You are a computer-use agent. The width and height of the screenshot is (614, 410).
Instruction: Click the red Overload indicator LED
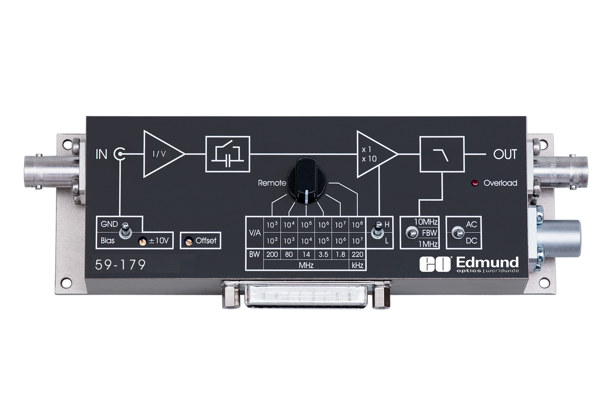[x=475, y=183]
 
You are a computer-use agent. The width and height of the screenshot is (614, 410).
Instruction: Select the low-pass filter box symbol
[x=442, y=154]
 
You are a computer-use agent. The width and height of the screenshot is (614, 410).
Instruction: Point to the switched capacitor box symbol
[x=228, y=154]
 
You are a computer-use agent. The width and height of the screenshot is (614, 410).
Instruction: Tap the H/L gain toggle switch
[x=375, y=231]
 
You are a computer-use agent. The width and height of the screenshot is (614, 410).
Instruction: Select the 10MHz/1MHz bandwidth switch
[x=412, y=233]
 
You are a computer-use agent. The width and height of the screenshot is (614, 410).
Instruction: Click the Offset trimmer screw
[x=189, y=241]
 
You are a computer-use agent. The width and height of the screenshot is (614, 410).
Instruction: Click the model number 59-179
[x=120, y=265]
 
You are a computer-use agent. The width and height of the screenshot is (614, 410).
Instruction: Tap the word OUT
[x=505, y=154]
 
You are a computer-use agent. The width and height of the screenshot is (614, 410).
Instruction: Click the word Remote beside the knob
[x=272, y=183]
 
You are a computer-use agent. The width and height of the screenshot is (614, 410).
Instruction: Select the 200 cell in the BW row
[x=272, y=254]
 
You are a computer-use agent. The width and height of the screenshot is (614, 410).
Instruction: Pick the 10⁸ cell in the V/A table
[x=358, y=225]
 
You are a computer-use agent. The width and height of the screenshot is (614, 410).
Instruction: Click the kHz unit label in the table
[x=358, y=266]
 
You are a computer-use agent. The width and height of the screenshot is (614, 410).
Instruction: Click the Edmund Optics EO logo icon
[x=435, y=265]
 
